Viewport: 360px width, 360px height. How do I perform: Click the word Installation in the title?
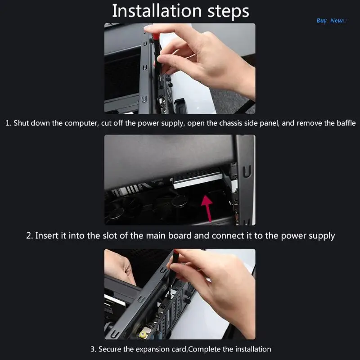tap(157, 11)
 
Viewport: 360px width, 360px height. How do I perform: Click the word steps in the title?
tap(228, 12)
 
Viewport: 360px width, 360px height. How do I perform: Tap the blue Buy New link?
tap(331, 20)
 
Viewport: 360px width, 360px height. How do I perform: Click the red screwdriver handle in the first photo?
tap(156, 37)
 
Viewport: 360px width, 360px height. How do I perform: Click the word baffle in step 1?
tap(346, 123)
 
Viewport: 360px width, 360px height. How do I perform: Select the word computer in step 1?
tap(81, 123)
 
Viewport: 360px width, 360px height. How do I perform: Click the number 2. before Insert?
tap(30, 236)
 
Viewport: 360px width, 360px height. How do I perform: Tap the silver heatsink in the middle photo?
tap(198, 178)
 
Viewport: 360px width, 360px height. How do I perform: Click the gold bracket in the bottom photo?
tap(144, 333)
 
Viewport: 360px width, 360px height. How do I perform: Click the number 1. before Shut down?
tap(8, 123)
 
